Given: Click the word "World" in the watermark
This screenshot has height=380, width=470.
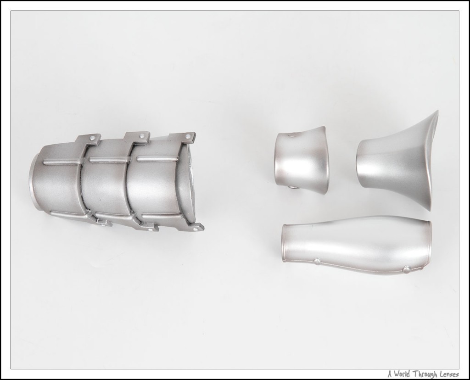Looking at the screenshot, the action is [402, 374].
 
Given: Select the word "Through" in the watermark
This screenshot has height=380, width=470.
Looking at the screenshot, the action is [424, 374].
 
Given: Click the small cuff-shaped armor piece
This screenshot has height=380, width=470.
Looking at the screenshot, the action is [301, 160].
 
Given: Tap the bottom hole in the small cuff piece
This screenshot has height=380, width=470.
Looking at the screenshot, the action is [292, 188].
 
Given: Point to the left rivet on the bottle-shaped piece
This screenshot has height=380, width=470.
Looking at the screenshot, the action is [317, 262].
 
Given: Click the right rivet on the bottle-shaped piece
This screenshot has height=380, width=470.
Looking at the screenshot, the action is [407, 270].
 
